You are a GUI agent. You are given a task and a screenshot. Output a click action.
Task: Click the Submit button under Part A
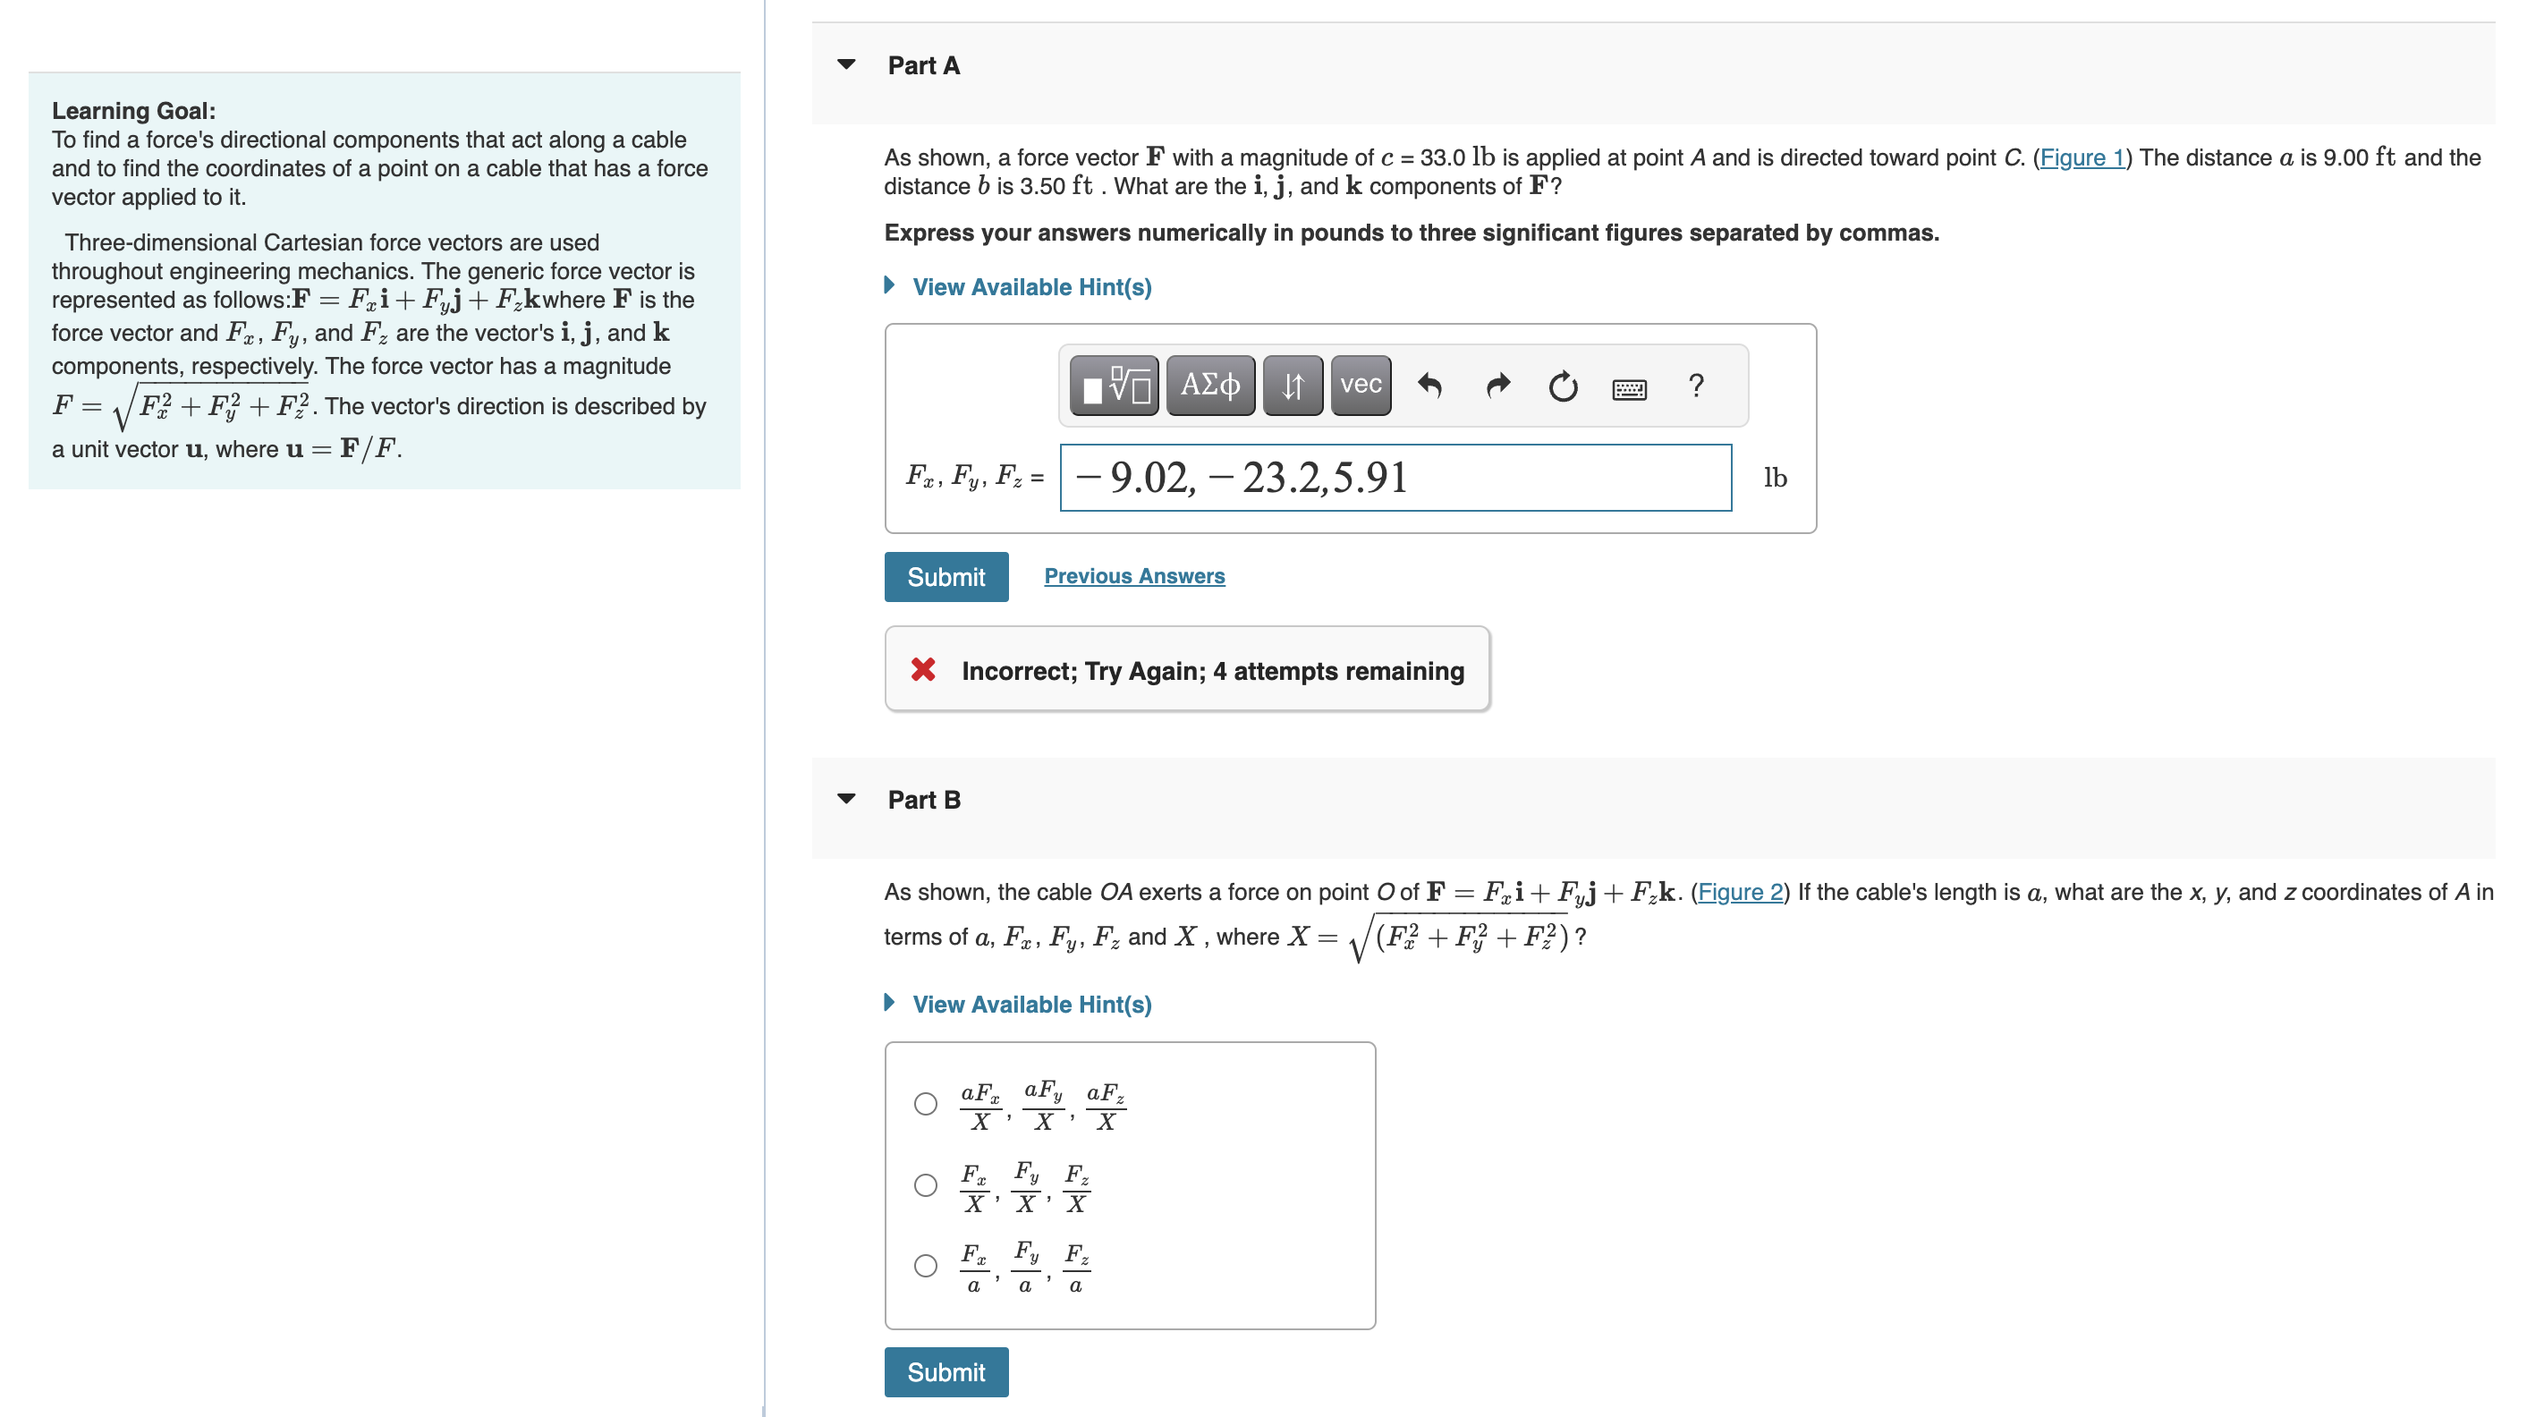pos(946,577)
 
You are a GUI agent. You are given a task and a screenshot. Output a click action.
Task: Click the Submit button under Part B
pos(946,1371)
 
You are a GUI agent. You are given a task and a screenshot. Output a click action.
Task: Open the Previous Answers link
pos(1133,576)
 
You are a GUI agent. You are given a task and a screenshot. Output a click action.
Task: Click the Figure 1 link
pos(2082,158)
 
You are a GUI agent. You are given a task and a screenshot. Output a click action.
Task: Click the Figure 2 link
pos(1739,893)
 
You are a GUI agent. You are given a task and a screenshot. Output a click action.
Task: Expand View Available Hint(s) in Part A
pos(1031,287)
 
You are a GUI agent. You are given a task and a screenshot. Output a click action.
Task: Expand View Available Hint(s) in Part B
pos(1031,1005)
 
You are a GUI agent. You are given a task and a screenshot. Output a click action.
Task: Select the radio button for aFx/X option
pos(925,1104)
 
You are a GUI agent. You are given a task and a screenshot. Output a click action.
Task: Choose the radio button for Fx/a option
pos(925,1266)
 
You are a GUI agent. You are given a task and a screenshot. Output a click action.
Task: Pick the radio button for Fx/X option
pos(925,1185)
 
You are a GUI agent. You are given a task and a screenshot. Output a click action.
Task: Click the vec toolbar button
pos(1360,385)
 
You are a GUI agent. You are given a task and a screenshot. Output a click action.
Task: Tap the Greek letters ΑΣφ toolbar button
pos(1209,385)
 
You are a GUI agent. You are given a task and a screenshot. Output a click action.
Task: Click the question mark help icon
pos(1696,385)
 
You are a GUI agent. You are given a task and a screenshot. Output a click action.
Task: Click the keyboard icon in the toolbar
pos(1629,388)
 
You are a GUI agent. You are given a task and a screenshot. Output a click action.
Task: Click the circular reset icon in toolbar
pos(1563,386)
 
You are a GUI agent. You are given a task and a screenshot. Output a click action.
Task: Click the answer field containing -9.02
pos(1395,478)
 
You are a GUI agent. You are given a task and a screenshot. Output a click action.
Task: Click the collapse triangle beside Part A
pos(846,65)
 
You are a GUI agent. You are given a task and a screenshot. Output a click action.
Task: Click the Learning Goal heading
pos(133,111)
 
